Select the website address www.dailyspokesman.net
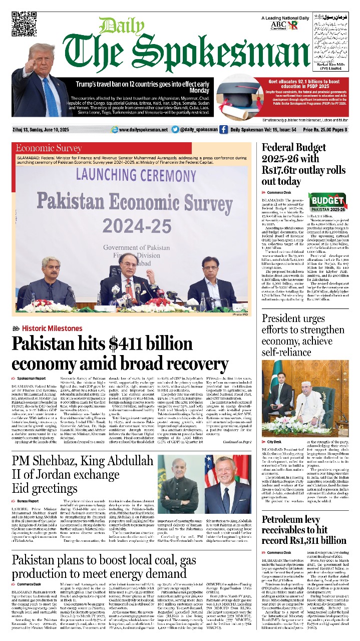click(x=143, y=130)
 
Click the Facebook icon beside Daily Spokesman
click(x=223, y=130)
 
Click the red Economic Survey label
click(x=49, y=148)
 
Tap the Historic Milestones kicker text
click(x=52, y=329)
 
